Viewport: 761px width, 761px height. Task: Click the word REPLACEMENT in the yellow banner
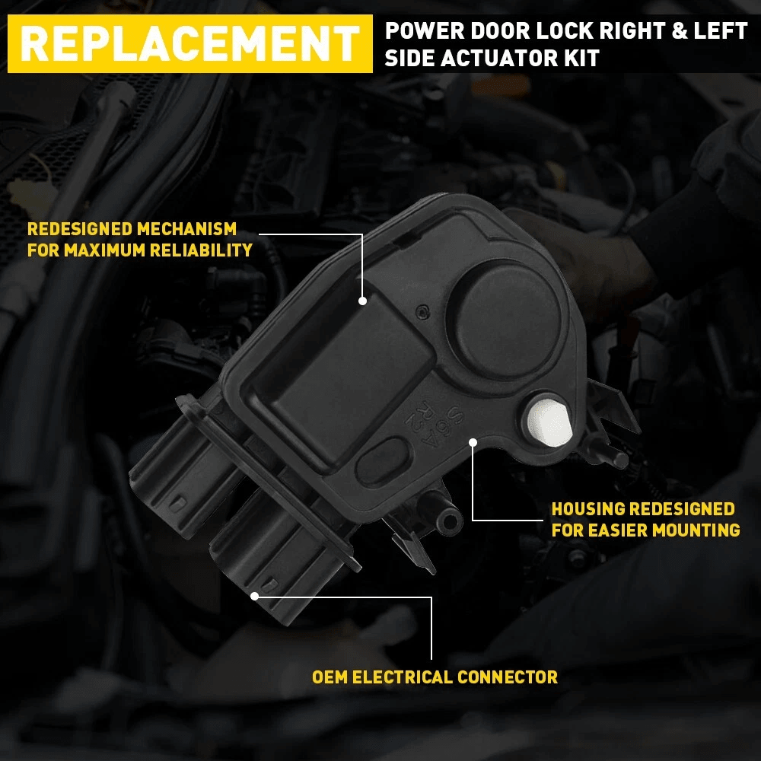[189, 43]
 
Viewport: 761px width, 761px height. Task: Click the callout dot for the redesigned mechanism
[362, 301]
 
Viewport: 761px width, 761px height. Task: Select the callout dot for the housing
[473, 441]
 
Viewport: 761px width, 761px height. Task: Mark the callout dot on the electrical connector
[255, 596]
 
